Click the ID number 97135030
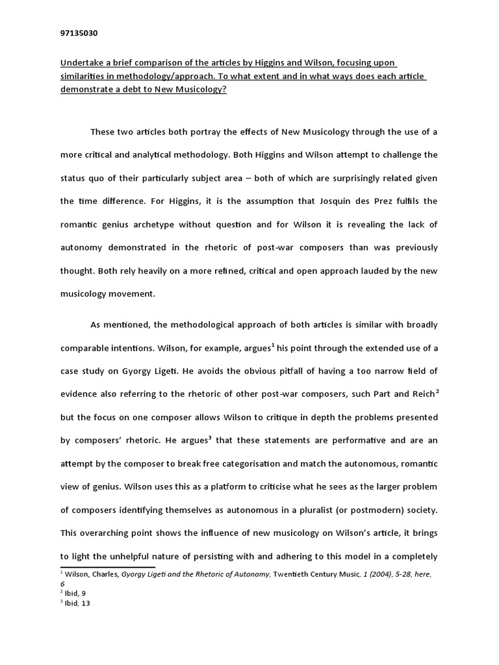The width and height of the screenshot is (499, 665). point(79,32)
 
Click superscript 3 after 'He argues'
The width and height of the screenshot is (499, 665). point(211,438)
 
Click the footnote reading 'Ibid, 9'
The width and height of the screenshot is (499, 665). point(76,592)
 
